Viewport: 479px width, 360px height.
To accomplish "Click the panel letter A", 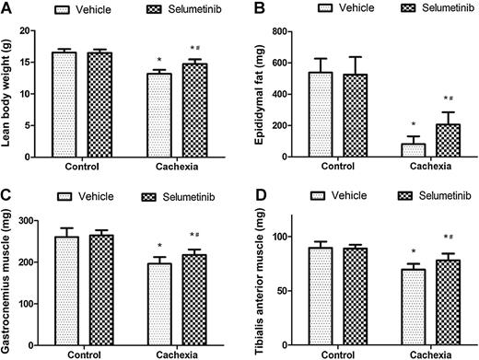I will tap(6, 8).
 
